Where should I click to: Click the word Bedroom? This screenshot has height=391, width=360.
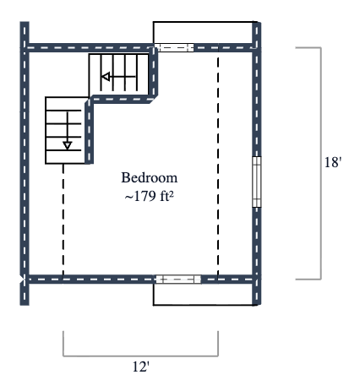click(x=150, y=178)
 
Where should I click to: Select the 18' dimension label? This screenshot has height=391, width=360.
click(x=332, y=162)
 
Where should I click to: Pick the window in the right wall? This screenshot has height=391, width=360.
click(x=256, y=181)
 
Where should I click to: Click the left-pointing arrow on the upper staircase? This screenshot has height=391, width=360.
click(x=108, y=78)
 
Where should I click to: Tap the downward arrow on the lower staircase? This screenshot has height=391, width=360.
click(x=67, y=144)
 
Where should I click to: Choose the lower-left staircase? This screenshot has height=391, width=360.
click(x=65, y=130)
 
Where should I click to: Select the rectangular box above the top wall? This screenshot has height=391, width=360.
click(x=204, y=32)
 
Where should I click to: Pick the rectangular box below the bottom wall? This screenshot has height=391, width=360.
click(x=204, y=293)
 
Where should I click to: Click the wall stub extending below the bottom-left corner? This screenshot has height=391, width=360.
click(x=24, y=293)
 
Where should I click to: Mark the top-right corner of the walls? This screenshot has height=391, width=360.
click(x=256, y=48)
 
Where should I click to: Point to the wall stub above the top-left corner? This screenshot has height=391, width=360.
click(x=24, y=32)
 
